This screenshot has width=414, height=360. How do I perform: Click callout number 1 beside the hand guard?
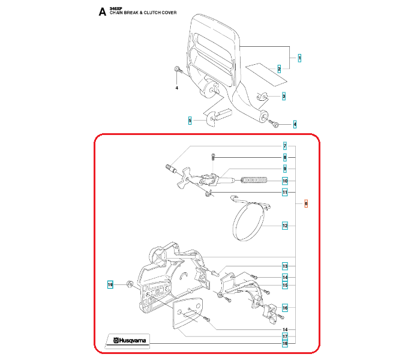tap(299, 58)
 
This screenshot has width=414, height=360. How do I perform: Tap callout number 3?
tap(284, 96)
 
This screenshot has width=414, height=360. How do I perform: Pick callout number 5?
tap(190, 121)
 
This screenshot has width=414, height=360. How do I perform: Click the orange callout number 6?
tap(306, 204)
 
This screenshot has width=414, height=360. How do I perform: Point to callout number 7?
tap(285, 146)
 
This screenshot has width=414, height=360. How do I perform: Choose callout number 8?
tap(285, 157)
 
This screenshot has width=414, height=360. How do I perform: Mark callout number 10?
tap(285, 181)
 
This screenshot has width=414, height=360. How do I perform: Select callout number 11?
tap(285, 192)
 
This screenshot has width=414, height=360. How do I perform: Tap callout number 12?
tap(285, 226)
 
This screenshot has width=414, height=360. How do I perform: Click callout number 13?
tap(285, 266)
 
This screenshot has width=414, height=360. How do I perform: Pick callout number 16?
tap(285, 308)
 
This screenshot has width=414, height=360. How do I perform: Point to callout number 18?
tap(285, 344)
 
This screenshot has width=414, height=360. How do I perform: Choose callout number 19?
tap(110, 284)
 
